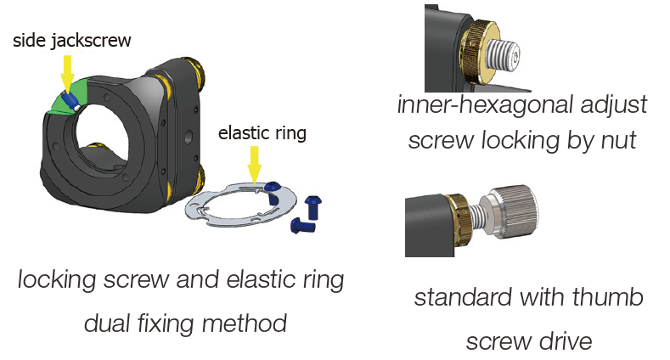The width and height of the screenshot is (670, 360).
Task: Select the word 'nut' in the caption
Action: (618, 140)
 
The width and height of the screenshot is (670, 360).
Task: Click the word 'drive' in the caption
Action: (566, 341)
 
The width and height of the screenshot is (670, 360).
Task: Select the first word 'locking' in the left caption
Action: (54, 280)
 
